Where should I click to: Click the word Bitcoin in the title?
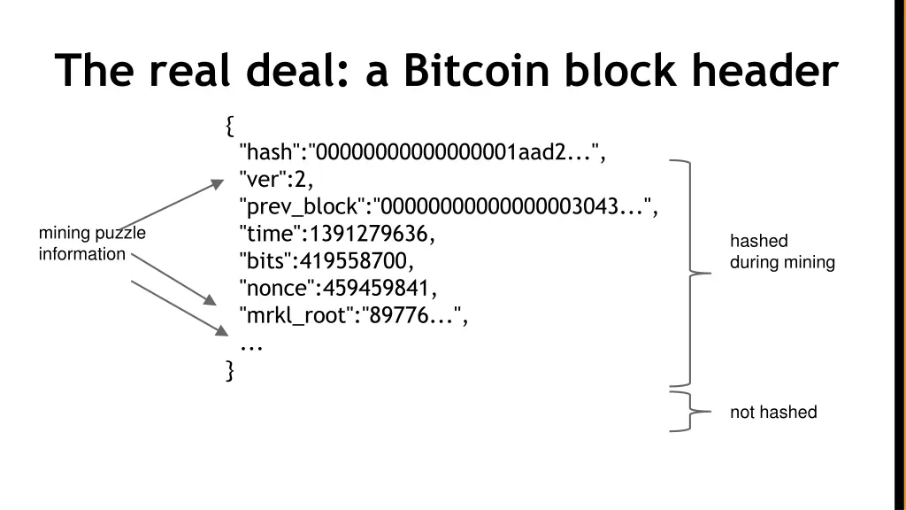click(x=478, y=71)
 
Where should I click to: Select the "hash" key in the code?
click(x=269, y=152)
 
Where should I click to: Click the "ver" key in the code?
click(x=263, y=180)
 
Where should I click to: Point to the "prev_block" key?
click(x=302, y=207)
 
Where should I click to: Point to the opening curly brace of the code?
click(x=230, y=126)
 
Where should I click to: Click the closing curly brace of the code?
click(x=230, y=370)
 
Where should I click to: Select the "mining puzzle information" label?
click(x=91, y=243)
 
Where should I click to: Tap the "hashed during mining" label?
click(x=781, y=251)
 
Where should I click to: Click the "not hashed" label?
click(x=772, y=412)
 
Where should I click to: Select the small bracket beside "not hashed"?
click(x=690, y=412)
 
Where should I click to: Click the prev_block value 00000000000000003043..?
click(x=511, y=207)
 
